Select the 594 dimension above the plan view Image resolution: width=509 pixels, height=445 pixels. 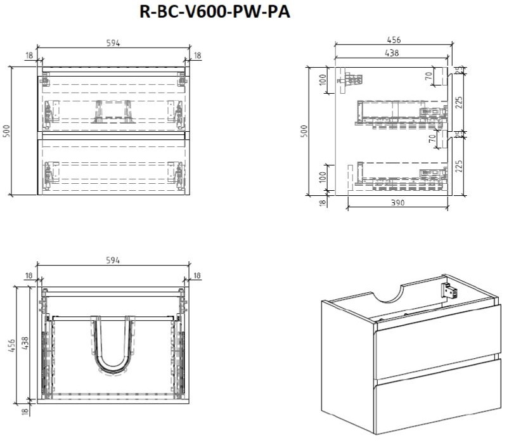(112, 260)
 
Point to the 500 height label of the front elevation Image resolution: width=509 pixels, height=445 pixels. (7, 131)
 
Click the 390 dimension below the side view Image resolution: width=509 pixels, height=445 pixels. (397, 202)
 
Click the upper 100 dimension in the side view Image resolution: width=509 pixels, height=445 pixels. (322, 81)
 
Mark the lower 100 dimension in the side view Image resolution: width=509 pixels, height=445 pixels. (322, 179)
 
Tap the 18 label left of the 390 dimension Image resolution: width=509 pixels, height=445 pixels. (321, 202)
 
